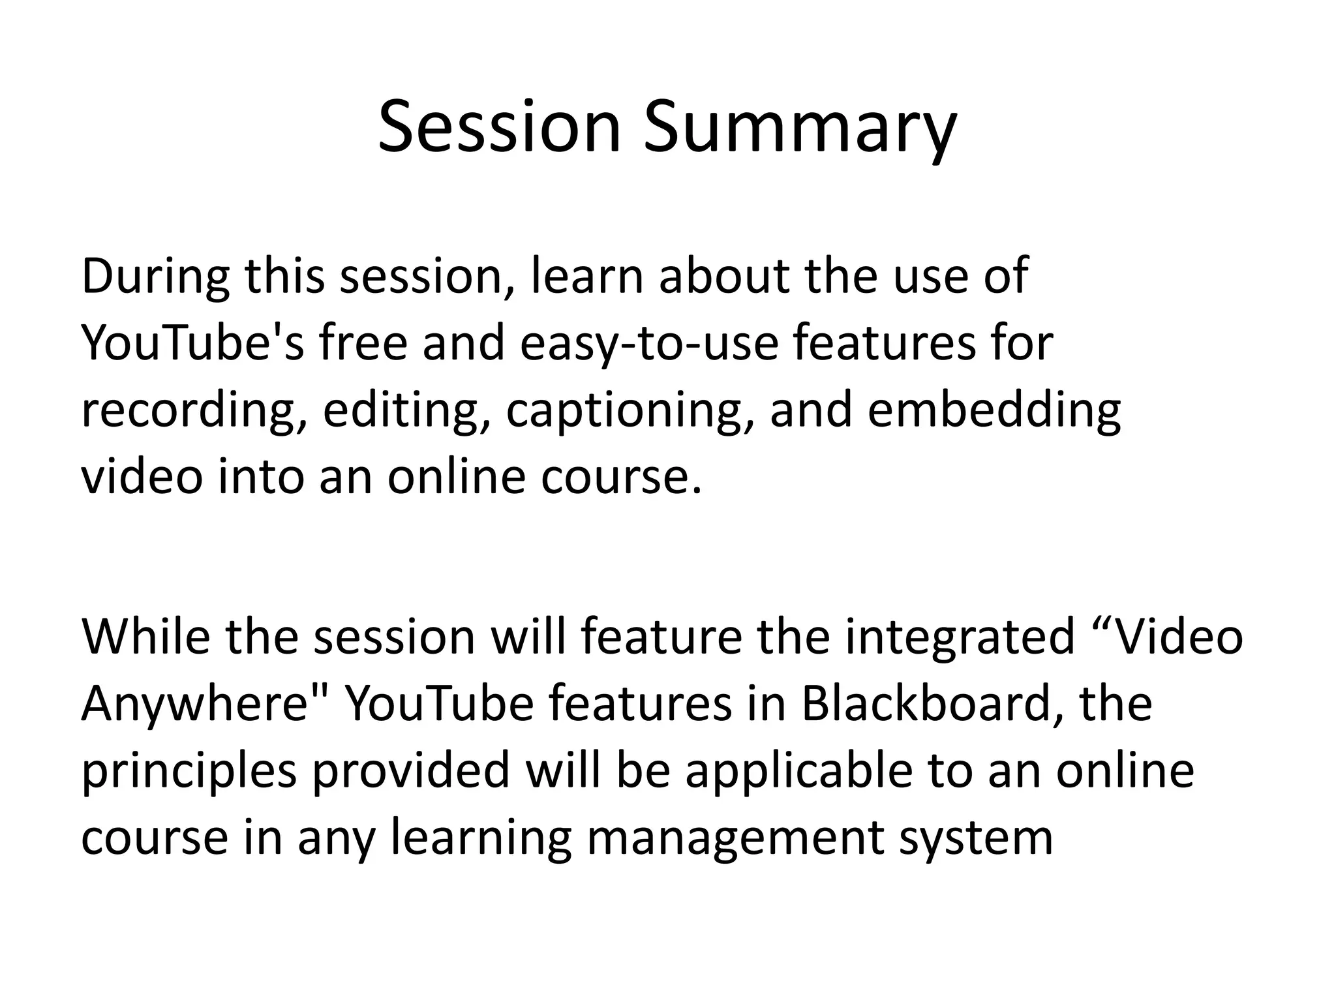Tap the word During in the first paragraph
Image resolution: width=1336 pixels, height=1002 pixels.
(155, 277)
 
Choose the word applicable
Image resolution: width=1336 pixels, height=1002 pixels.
(798, 772)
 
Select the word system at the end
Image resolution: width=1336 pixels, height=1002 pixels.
(976, 839)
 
